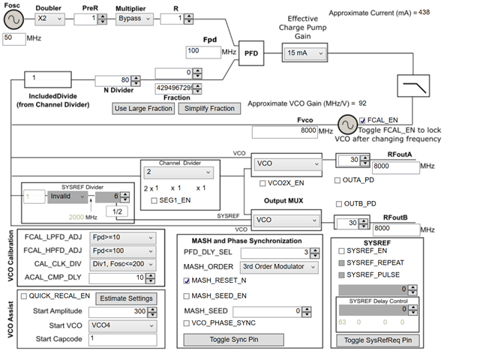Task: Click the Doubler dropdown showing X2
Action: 52,18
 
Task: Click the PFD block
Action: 251,53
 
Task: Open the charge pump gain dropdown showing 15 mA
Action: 305,53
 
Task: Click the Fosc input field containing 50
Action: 16,37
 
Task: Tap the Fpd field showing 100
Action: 202,51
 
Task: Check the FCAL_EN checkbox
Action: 364,120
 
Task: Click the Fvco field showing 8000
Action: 283,131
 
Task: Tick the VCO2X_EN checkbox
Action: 262,182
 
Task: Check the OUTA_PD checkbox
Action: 337,180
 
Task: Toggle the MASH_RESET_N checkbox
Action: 187,280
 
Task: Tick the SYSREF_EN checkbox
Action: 342,250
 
